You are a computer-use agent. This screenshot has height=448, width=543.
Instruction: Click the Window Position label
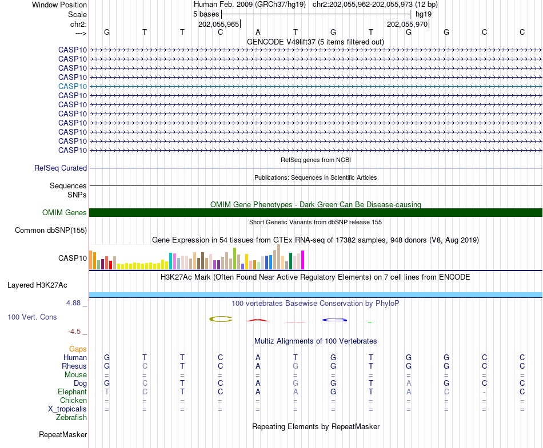point(59,5)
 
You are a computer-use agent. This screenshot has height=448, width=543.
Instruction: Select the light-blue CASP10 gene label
point(73,86)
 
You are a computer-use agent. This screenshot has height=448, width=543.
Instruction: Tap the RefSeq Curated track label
point(61,168)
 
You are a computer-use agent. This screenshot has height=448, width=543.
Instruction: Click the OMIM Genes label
point(65,213)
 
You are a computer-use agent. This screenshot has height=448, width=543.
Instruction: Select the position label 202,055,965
point(218,24)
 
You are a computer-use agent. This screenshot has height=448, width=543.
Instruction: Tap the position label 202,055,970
point(407,24)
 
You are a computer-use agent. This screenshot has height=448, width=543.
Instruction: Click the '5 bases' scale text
point(206,14)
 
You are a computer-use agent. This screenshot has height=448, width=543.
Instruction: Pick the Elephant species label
point(72,392)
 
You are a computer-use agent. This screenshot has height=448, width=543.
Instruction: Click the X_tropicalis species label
point(67,409)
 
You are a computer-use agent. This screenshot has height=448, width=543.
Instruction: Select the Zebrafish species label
point(71,418)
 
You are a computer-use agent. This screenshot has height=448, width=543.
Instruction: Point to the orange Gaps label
point(78,349)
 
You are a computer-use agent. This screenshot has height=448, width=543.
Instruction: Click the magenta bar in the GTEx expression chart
point(303,260)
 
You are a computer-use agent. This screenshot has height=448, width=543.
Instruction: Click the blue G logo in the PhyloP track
point(334,320)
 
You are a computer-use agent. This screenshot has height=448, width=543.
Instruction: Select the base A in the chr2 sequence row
point(258,32)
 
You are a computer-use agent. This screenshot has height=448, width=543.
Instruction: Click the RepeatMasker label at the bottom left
point(63,435)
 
